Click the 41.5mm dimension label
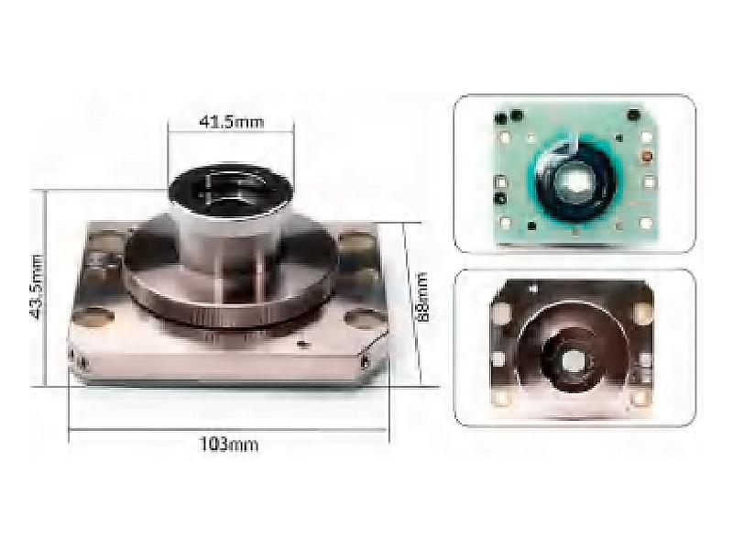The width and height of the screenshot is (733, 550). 232,122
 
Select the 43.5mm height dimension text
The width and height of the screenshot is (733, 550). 37,287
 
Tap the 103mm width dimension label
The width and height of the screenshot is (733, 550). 229,444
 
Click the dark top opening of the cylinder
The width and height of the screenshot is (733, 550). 231,189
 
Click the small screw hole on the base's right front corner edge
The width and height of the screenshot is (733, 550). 364,360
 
